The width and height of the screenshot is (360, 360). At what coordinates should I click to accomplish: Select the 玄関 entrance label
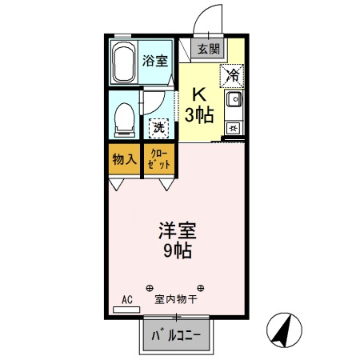point(209,49)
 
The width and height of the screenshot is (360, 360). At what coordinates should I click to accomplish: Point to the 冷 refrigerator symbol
point(232,75)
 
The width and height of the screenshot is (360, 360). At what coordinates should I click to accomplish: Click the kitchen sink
point(232,101)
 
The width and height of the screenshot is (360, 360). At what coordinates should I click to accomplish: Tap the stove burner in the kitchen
point(232,127)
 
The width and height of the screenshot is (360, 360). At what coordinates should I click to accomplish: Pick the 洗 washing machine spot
point(158,126)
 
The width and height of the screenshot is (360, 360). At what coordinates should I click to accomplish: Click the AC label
point(126,300)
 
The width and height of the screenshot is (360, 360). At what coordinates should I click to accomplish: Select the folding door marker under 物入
point(117,184)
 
